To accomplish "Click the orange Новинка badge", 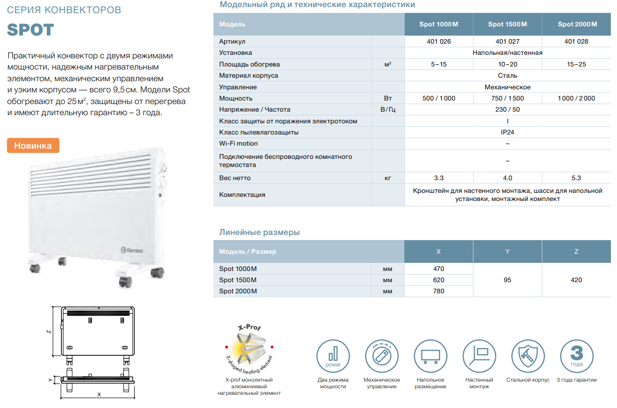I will click(x=33, y=146).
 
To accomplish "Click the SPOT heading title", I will click(x=30, y=30).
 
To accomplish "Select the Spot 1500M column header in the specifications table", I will click(x=507, y=24).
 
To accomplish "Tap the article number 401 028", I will click(x=576, y=42).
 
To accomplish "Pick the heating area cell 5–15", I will click(x=439, y=64).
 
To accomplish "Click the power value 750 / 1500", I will click(x=507, y=98).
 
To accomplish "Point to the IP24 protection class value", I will click(x=507, y=132).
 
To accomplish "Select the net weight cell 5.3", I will click(x=576, y=178).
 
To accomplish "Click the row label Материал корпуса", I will click(x=249, y=76).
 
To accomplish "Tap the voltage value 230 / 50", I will click(x=507, y=110).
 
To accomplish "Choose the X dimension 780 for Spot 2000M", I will click(x=439, y=291).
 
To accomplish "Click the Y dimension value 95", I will click(x=507, y=280).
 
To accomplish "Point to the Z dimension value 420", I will click(x=576, y=280).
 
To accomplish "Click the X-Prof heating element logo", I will click(x=249, y=349).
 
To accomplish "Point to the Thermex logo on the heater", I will click(x=135, y=249).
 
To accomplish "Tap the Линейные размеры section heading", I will click(x=259, y=232).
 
